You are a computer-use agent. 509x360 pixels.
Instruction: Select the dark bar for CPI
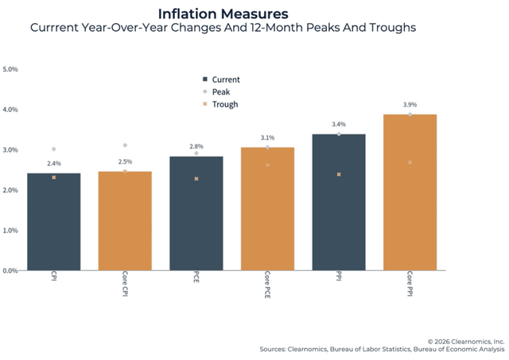(x=53, y=222)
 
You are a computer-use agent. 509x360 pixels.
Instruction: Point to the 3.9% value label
(x=410, y=105)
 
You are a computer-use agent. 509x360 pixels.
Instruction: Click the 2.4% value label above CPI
(x=53, y=165)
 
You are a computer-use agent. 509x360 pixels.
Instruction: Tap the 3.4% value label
(x=339, y=125)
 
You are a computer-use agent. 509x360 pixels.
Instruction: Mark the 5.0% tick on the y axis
(x=11, y=69)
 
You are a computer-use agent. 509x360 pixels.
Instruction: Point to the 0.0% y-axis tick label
(x=11, y=271)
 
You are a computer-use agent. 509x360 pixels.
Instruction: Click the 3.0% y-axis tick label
(x=11, y=150)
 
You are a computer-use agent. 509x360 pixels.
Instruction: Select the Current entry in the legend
(x=227, y=79)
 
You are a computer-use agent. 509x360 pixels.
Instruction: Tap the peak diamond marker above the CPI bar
(x=53, y=149)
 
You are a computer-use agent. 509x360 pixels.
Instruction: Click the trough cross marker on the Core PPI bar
(x=410, y=162)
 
